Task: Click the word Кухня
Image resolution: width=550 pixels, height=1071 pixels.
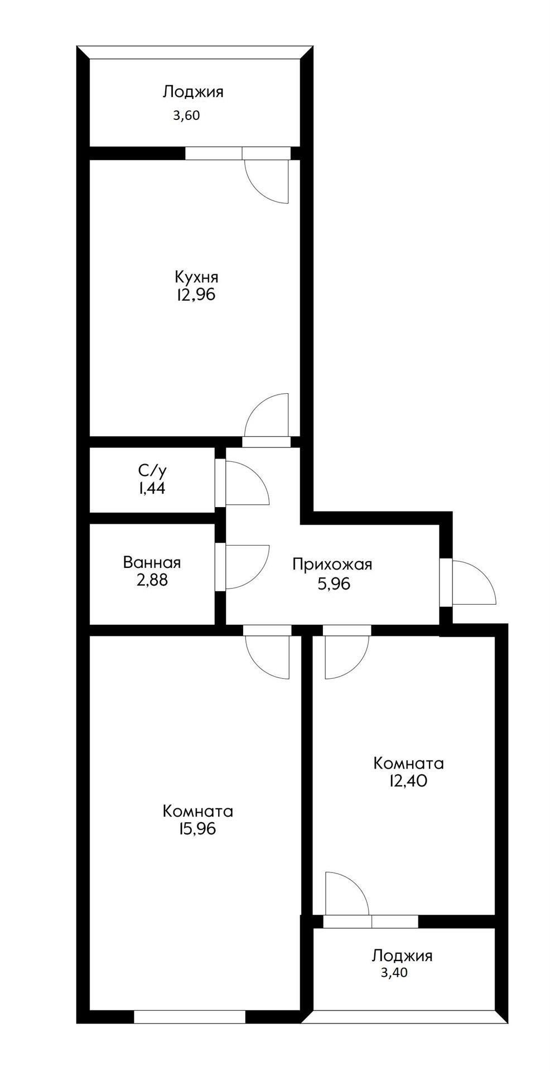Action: (196, 277)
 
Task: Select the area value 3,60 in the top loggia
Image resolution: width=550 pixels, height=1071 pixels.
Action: (186, 116)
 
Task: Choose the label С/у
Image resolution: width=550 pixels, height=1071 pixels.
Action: (152, 470)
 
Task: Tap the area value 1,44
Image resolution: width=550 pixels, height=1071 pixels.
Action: (152, 489)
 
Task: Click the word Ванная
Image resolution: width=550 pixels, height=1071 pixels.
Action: (152, 562)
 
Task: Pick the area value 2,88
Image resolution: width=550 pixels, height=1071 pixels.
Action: (152, 580)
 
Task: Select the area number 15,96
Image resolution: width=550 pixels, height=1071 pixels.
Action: (196, 828)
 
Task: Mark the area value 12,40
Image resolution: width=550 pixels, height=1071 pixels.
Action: (408, 780)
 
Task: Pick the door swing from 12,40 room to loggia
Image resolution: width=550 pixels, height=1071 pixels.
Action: (346, 893)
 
